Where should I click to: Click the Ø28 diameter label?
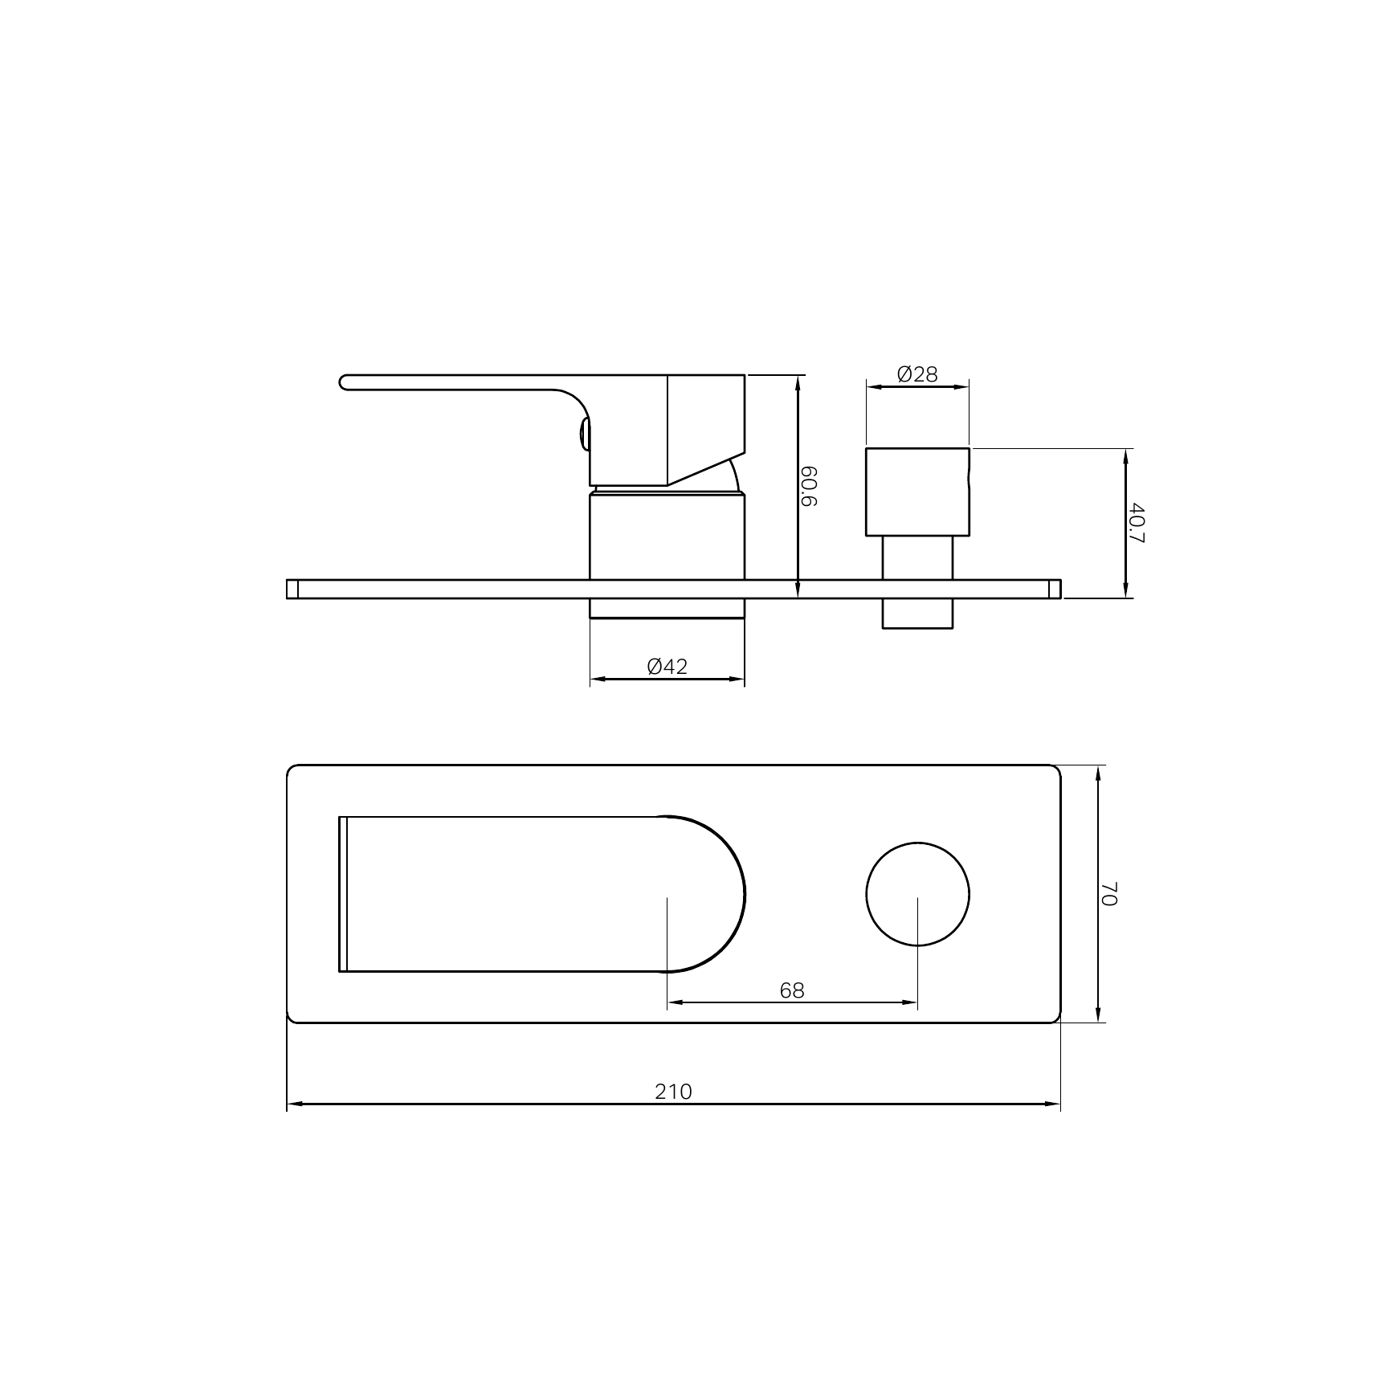[917, 374]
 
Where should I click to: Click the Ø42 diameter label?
[667, 667]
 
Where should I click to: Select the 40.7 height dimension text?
[1135, 522]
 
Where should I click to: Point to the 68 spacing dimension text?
[791, 990]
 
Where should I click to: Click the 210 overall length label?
[672, 1092]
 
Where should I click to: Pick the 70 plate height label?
[1108, 893]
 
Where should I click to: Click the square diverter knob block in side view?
[917, 492]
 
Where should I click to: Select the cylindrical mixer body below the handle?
[667, 537]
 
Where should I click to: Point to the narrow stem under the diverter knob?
[917, 557]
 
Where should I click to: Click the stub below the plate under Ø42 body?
[667, 609]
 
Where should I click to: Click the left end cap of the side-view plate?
[292, 589]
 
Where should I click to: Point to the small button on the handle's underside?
[583, 437]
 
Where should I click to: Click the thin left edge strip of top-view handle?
[343, 894]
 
